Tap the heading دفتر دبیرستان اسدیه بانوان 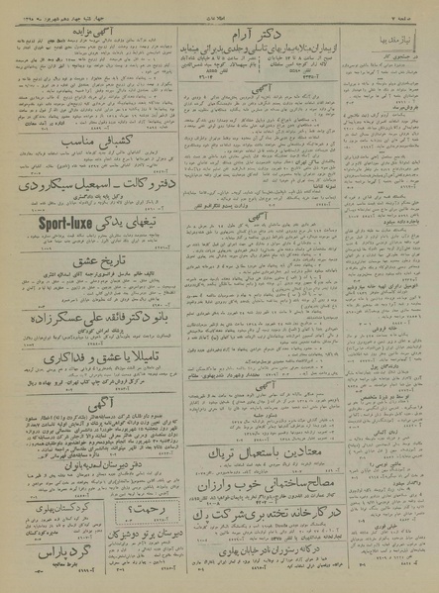click(103, 459)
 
